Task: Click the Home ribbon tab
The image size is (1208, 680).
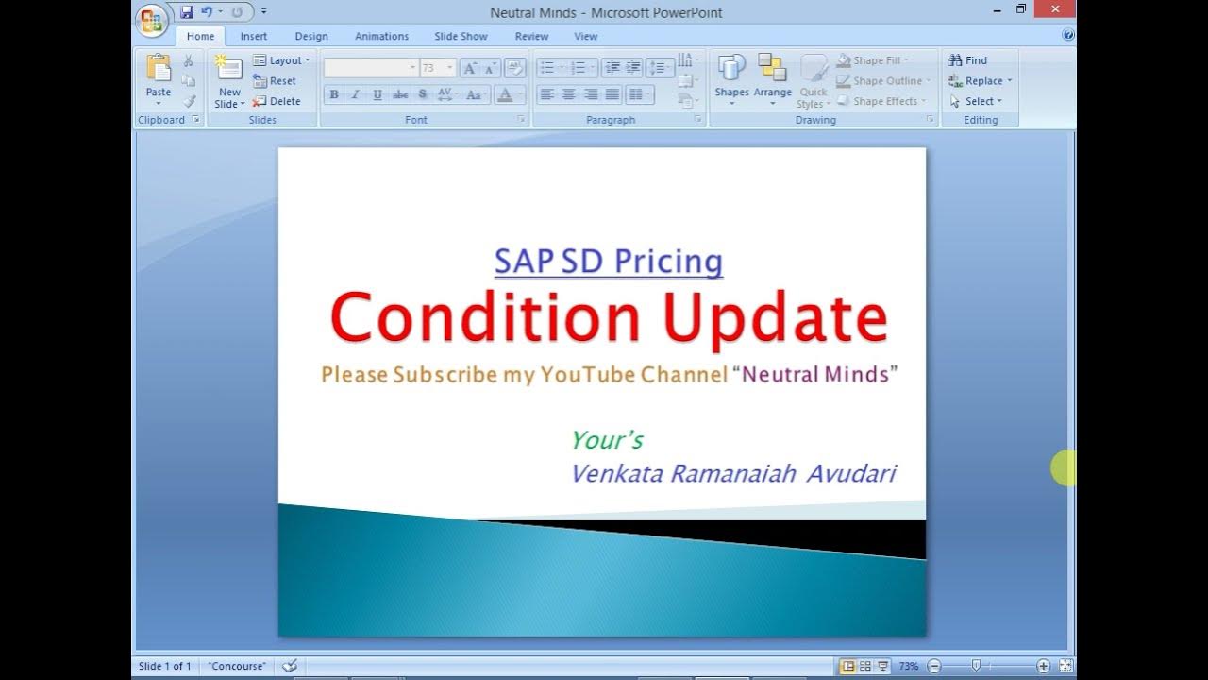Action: (200, 37)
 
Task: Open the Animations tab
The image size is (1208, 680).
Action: (381, 37)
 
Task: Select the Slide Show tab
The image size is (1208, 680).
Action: (461, 37)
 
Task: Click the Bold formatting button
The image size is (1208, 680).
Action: (334, 94)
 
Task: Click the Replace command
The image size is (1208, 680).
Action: (981, 81)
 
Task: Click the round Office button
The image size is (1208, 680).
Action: (151, 20)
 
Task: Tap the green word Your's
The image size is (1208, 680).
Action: (607, 440)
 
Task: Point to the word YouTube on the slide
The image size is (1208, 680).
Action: (588, 375)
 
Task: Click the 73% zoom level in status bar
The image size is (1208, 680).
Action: (908, 666)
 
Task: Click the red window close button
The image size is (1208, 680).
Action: (1054, 9)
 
